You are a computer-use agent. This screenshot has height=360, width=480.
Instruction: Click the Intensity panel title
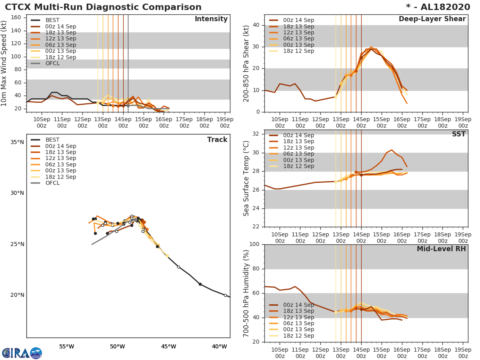[211, 19]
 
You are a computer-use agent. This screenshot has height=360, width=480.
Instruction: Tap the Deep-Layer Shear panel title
[432, 19]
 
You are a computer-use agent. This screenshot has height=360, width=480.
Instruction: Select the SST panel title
[458, 134]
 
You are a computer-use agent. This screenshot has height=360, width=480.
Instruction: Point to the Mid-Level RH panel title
[441, 249]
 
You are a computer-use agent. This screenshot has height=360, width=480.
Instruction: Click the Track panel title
[217, 140]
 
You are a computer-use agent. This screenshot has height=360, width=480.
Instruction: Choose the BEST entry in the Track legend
[52, 140]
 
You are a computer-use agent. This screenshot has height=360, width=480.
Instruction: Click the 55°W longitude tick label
[67, 346]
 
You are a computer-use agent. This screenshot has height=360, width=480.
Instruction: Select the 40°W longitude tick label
[220, 346]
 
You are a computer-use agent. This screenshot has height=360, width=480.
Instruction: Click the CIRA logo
[22, 353]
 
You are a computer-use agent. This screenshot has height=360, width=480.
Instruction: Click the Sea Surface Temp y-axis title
[246, 178]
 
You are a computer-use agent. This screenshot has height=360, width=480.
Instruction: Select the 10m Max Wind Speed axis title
[4, 63]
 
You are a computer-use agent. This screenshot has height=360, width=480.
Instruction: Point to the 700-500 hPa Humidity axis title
[246, 293]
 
